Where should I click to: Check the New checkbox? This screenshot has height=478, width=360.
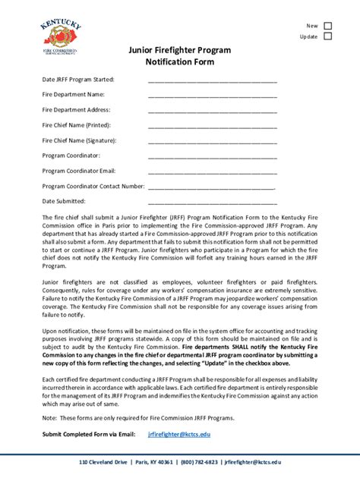pos(328,25)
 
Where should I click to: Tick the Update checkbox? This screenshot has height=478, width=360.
pos(328,36)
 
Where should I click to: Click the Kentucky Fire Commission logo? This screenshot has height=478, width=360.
pos(61,37)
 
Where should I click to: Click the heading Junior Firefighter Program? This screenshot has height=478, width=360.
pos(179,49)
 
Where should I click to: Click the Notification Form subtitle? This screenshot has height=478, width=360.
pos(179,62)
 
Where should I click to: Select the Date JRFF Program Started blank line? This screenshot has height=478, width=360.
pos(212,80)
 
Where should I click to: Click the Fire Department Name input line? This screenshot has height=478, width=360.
pos(212,96)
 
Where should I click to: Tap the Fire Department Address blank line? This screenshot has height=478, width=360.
pos(212,111)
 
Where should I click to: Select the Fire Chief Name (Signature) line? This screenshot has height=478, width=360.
pos(212,141)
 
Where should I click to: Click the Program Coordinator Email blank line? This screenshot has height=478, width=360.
pos(212,171)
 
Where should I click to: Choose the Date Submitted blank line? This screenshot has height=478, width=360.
pos(212,202)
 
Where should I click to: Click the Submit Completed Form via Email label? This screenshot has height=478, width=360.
pos(88,434)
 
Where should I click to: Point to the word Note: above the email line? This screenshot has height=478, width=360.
pos(50,418)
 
